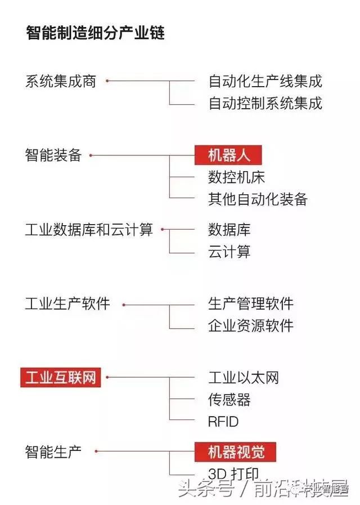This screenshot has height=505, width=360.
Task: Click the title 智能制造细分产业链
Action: [95, 33]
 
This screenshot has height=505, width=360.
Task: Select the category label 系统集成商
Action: [61, 82]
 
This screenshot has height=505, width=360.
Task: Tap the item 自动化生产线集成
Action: [265, 82]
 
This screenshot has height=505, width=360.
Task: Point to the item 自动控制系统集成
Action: [265, 104]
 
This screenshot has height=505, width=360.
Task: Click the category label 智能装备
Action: [53, 155]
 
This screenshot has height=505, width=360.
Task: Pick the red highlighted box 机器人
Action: [228, 155]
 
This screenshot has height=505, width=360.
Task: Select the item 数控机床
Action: [236, 177]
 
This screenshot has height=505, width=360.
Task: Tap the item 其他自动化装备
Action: [258, 199]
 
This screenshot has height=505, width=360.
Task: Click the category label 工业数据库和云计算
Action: [89, 230]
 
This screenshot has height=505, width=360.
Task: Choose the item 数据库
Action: [229, 230]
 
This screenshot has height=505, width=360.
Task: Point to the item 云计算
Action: [229, 252]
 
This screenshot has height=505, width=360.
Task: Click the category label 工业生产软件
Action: [67, 305]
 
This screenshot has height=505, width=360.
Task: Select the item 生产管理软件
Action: [250, 305]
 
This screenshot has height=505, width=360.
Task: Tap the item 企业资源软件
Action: [250, 326]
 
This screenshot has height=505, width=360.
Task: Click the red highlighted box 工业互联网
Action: [61, 377]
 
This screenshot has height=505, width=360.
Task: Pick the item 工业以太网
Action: [243, 377]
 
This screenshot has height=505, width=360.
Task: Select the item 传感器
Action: [229, 399]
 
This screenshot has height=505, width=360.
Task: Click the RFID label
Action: [223, 421]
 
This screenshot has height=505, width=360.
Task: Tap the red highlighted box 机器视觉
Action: [236, 451]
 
